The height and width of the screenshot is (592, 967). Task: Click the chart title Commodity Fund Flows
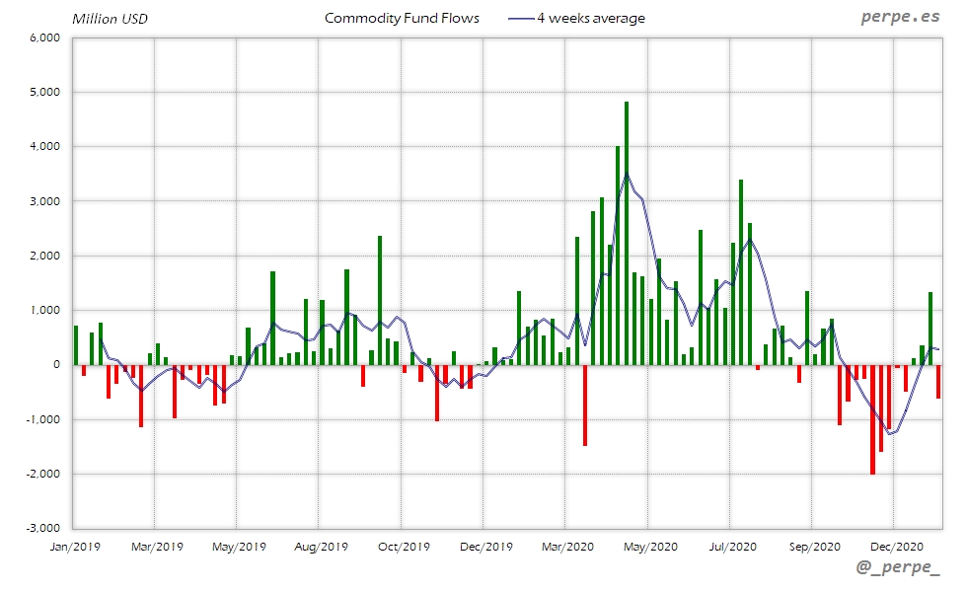[402, 18]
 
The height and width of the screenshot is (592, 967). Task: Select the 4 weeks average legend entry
[576, 18]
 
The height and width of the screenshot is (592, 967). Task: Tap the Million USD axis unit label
[110, 19]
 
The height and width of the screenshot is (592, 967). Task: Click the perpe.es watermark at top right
[899, 17]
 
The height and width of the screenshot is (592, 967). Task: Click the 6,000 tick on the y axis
[45, 37]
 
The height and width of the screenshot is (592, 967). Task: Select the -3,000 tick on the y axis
[43, 528]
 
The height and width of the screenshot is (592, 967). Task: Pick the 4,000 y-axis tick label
[45, 146]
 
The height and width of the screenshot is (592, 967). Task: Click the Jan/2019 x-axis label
[74, 546]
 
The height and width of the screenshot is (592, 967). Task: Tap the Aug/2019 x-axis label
[320, 546]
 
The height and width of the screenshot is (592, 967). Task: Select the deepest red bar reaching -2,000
[872, 419]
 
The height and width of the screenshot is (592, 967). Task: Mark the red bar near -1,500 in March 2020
[585, 405]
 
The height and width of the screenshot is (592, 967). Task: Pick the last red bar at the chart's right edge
[938, 381]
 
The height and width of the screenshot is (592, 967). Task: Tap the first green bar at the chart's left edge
[76, 344]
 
